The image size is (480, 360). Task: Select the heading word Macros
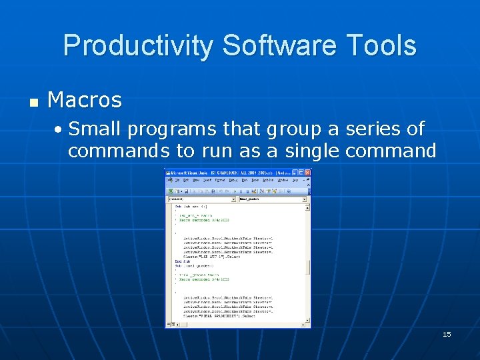coord(85,100)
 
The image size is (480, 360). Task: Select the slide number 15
coord(447,334)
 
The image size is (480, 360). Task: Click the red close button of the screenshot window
coord(307,173)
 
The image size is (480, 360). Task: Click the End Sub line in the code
coord(179,261)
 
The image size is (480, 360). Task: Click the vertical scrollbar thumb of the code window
coord(308,267)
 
